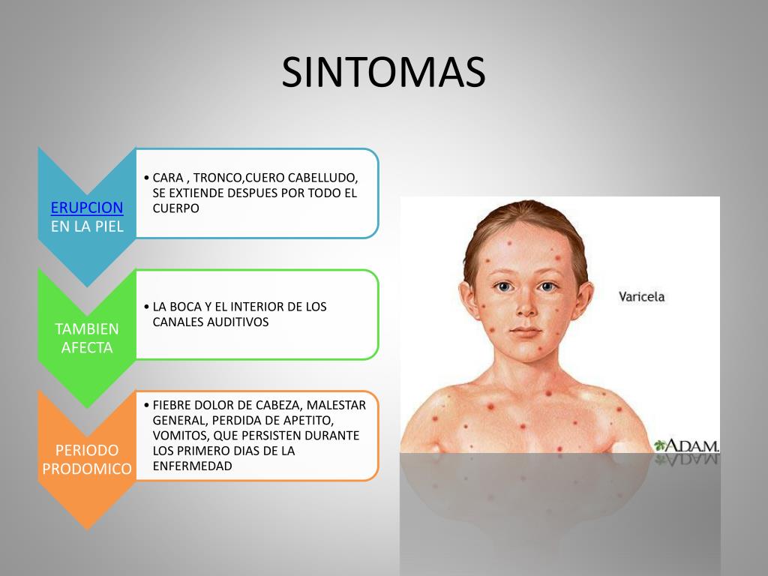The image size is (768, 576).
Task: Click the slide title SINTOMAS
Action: tap(383, 73)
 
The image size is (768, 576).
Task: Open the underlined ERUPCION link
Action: tap(87, 208)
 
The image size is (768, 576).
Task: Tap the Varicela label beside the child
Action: tap(641, 296)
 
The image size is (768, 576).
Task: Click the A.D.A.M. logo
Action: tap(687, 445)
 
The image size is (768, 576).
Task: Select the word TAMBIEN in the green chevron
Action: tap(87, 328)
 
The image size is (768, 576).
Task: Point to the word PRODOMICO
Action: tap(87, 469)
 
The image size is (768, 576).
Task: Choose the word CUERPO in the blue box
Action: tap(176, 208)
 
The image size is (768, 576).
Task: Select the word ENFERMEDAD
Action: tap(192, 466)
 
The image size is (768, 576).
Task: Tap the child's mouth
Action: tap(525, 331)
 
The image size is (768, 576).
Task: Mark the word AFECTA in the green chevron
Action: tap(87, 348)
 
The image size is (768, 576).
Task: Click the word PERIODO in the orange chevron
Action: tap(87, 450)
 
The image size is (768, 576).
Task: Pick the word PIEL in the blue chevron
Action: tap(108, 226)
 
